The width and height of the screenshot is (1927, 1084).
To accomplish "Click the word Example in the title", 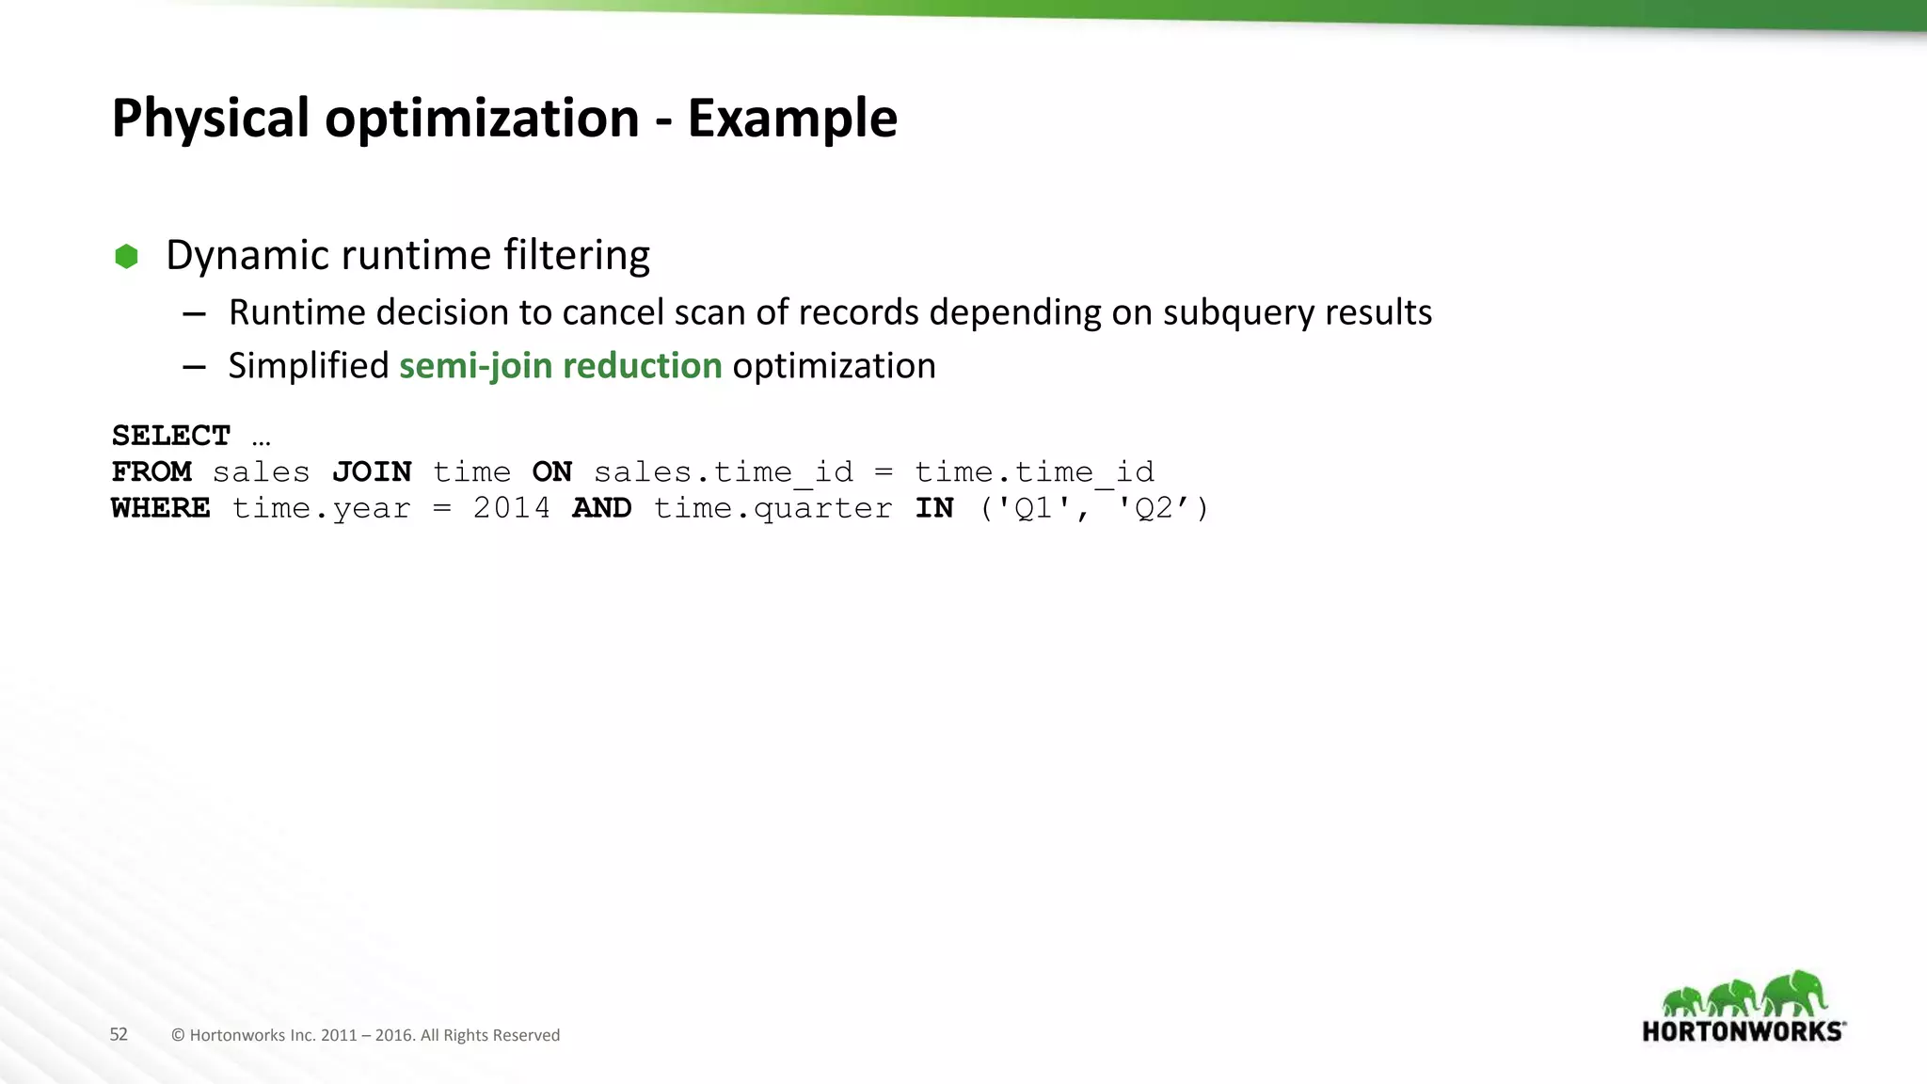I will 792,119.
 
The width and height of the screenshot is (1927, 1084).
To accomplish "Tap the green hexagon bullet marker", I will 126,256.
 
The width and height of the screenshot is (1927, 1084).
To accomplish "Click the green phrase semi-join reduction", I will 560,366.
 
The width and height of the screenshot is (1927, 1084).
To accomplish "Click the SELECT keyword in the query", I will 170,436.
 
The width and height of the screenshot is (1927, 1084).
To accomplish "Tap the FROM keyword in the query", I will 151,471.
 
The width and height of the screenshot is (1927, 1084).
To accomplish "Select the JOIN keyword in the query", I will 372,471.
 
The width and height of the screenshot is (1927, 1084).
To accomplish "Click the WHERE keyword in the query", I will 161,508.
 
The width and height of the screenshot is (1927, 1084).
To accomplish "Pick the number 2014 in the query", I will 511,508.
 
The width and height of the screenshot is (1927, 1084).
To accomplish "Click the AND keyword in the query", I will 601,508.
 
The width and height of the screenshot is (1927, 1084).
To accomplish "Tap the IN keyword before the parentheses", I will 934,508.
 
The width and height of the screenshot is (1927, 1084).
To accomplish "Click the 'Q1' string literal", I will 1032,508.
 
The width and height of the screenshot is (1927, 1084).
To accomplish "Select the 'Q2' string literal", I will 1154,508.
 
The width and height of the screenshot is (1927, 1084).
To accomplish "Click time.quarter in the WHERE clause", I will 772,508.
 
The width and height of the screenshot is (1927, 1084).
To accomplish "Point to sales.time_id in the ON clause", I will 723,471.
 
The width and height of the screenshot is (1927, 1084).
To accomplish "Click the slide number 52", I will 119,1034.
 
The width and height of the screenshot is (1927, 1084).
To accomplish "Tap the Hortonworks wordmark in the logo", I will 1744,1031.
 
